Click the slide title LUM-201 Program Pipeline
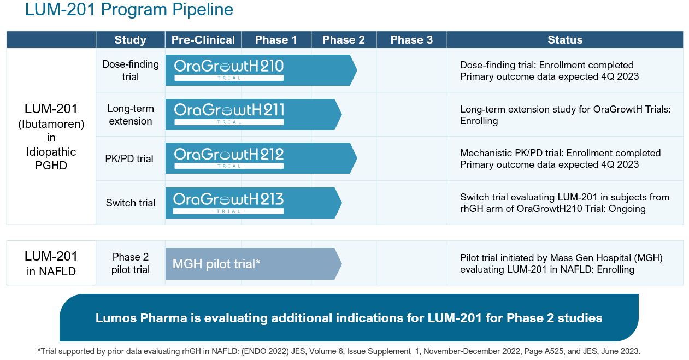[x=129, y=10]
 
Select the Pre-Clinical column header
[x=203, y=40]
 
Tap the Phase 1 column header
[x=276, y=40]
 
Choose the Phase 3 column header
[x=411, y=40]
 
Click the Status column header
[x=565, y=40]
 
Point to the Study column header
[x=130, y=40]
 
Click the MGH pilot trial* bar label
[x=216, y=264]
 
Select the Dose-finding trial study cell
[x=130, y=70]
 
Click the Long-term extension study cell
[x=130, y=115]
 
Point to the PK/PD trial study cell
[x=129, y=159]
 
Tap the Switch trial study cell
[x=130, y=203]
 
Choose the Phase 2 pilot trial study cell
[x=130, y=263]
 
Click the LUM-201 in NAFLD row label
[x=51, y=263]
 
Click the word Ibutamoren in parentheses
[x=51, y=124]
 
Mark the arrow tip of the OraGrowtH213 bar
[x=340, y=203]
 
